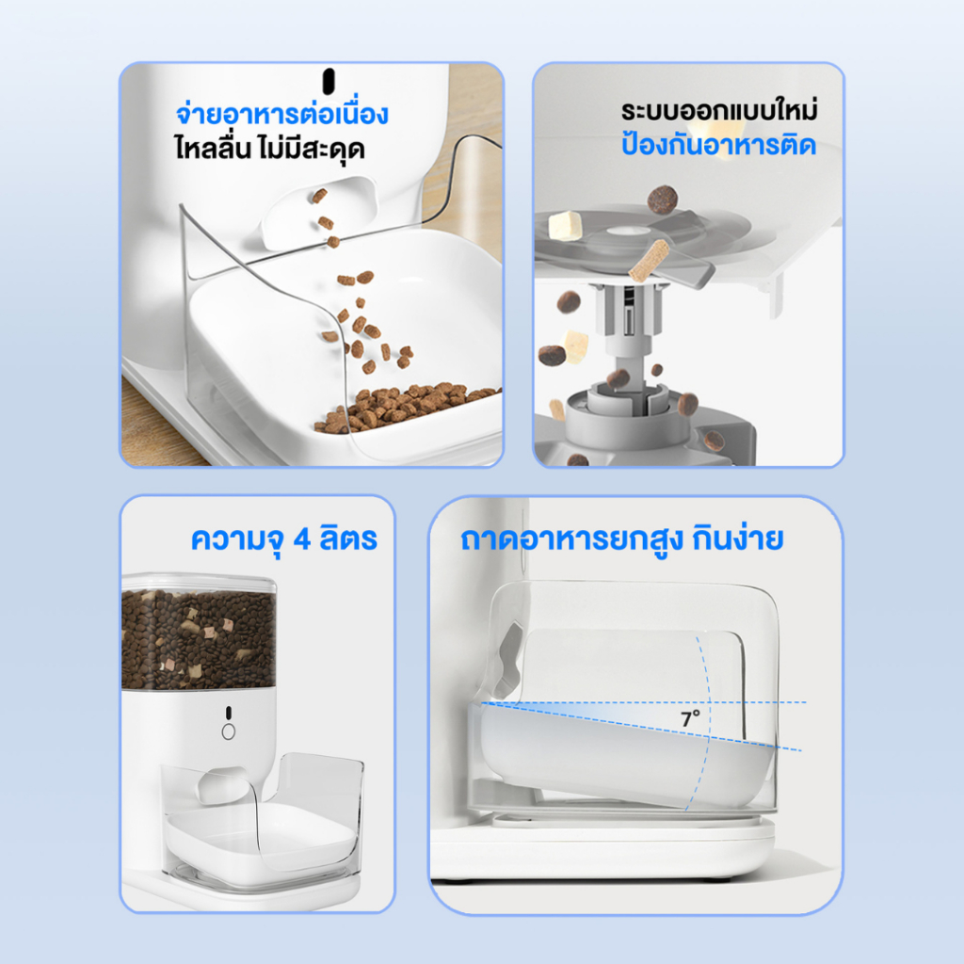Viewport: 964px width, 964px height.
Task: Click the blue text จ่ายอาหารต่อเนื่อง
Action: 282,113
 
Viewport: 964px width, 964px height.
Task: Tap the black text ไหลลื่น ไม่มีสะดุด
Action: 270,148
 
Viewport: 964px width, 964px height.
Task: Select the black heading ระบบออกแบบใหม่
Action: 718,110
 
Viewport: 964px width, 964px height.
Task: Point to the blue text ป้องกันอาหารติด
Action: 718,144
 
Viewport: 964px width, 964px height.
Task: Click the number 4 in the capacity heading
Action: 302,539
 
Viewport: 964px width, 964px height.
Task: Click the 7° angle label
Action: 690,718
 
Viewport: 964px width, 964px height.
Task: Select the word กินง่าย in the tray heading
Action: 738,538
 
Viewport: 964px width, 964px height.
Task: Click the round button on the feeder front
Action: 228,731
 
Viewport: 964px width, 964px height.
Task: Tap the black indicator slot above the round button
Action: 228,712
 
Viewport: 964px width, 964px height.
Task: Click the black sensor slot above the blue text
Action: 329,81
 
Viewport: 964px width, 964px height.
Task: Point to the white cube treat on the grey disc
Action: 565,225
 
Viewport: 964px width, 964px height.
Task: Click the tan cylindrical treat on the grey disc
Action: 649,261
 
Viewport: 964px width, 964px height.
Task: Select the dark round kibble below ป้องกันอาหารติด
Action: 662,200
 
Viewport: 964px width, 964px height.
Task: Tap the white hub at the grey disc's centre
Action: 628,233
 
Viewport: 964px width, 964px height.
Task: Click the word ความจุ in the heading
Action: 237,539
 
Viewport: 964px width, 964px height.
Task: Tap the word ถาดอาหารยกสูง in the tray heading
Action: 571,539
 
